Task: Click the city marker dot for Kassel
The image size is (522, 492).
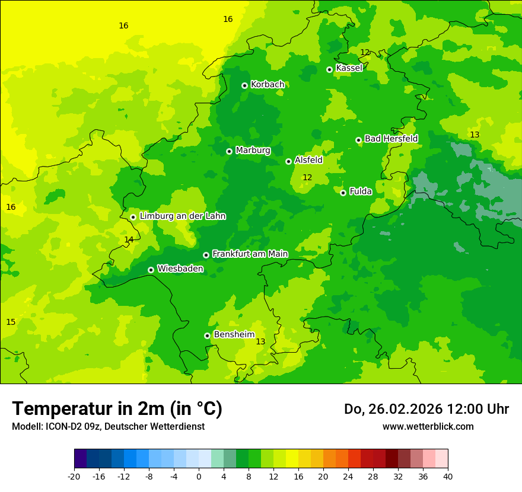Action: [329, 69]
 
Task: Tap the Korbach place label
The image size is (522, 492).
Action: [268, 85]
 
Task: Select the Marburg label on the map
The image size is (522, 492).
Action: [253, 151]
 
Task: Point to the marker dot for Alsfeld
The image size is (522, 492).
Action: [288, 161]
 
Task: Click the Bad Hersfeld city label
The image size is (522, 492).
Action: [391, 139]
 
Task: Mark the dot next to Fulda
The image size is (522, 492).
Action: [343, 193]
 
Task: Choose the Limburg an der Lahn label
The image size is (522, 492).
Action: [182, 216]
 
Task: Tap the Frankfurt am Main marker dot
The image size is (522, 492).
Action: [206, 255]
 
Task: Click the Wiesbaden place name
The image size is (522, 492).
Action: [180, 269]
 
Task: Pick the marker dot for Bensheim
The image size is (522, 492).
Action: [207, 336]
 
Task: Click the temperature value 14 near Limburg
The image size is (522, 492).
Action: [129, 239]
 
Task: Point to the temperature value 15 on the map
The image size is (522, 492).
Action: [11, 322]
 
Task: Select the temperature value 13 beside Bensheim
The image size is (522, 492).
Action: [260, 341]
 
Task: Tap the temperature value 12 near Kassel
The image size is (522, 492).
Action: [365, 52]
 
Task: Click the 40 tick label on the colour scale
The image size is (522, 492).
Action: [448, 477]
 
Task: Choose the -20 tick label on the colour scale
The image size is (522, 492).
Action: [74, 477]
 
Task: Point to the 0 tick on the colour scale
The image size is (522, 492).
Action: [199, 477]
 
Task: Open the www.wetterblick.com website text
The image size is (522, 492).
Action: [428, 426]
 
